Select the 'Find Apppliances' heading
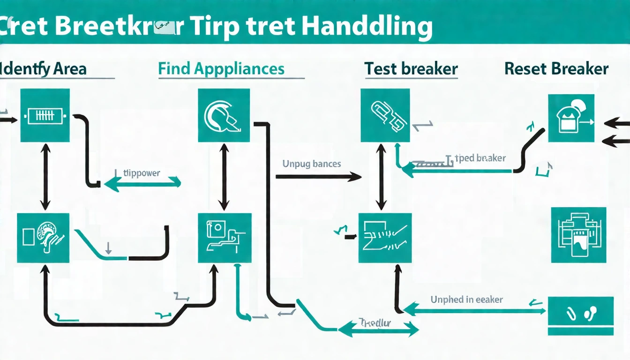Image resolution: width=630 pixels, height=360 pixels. tap(221, 69)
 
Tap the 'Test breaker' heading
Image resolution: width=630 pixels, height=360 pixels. tap(411, 69)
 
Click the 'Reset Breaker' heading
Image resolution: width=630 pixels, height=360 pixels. tap(556, 69)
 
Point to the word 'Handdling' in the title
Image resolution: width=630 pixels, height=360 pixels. tap(367, 27)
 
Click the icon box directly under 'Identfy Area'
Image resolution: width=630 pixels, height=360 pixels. tap(45, 116)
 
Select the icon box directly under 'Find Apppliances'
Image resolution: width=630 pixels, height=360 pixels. tap(224, 115)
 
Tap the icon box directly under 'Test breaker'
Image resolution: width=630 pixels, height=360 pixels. tap(385, 115)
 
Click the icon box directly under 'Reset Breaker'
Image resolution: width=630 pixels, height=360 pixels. tap(571, 118)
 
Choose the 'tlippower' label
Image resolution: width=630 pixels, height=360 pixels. tap(141, 173)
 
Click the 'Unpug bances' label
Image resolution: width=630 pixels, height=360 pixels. tap(311, 164)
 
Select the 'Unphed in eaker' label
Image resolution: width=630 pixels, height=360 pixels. tap(466, 299)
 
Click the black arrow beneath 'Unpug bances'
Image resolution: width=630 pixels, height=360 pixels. tap(318, 177)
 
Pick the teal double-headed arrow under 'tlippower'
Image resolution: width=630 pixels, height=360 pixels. tap(142, 184)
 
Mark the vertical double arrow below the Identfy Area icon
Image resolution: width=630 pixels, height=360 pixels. tap(45, 177)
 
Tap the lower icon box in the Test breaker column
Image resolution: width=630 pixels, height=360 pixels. tap(385, 238)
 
